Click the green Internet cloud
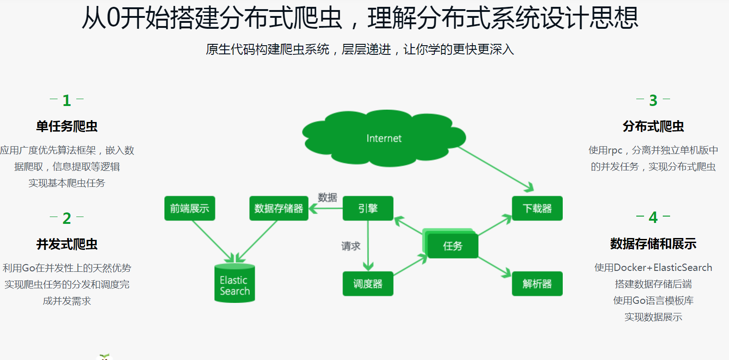(x=384, y=138)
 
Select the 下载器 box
(x=537, y=208)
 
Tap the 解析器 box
(x=537, y=284)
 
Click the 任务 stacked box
(x=452, y=246)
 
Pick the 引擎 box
(x=368, y=208)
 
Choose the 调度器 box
(x=368, y=284)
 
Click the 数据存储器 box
(x=279, y=208)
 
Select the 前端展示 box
(x=190, y=208)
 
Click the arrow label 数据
(x=328, y=197)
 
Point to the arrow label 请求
(x=351, y=246)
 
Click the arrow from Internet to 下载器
(x=496, y=168)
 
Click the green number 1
(x=67, y=101)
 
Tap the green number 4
(x=653, y=218)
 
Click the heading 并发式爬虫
(x=67, y=244)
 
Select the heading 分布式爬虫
(x=653, y=127)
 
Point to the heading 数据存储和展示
(x=653, y=244)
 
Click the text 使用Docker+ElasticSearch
(x=653, y=268)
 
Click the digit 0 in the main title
(x=113, y=18)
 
